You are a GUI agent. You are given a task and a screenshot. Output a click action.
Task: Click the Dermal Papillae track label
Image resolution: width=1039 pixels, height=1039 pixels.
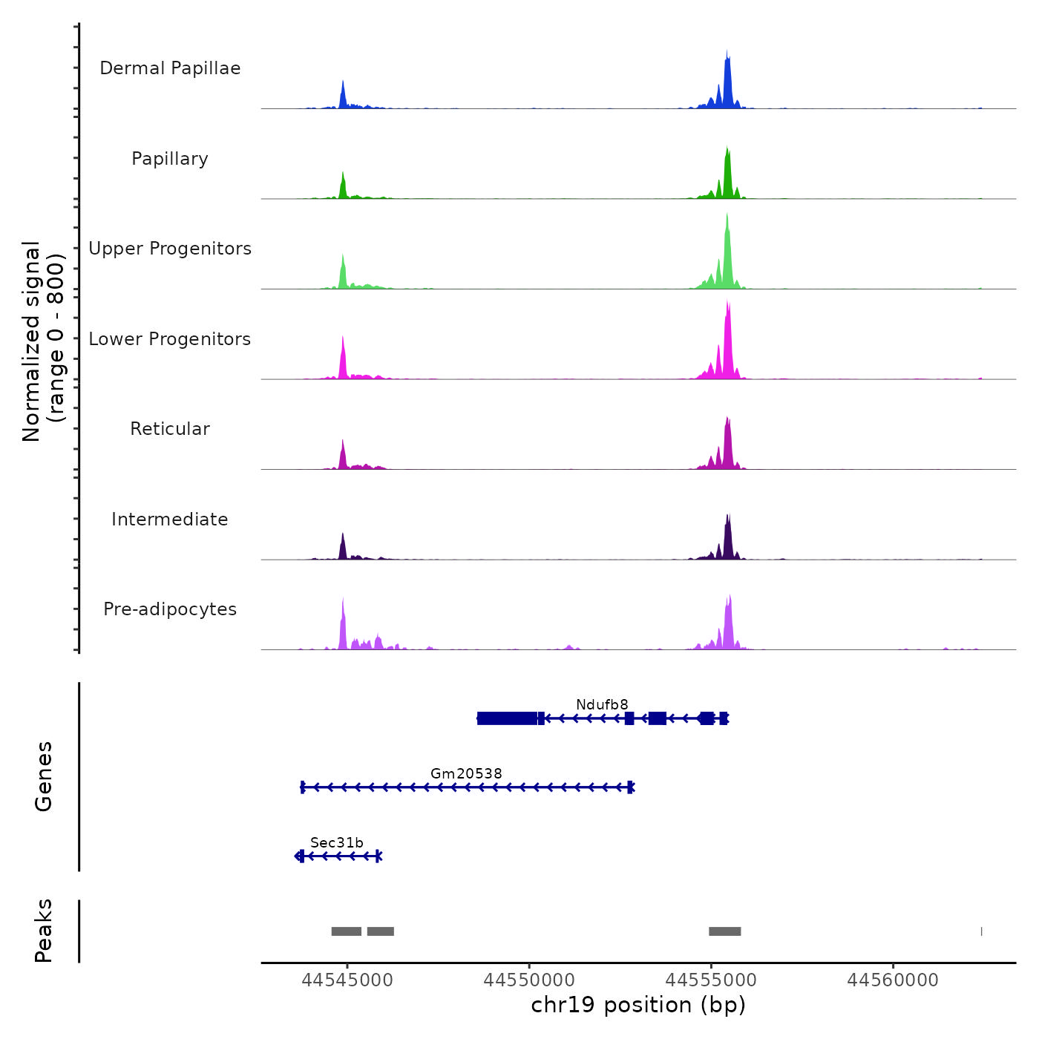coord(170,68)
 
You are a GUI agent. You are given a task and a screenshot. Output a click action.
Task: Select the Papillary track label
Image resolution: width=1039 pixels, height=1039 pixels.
coord(170,159)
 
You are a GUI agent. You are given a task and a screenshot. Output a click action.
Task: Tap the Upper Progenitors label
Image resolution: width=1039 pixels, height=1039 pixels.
coord(170,249)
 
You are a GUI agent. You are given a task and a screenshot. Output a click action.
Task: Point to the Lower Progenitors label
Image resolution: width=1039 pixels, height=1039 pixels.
coord(170,339)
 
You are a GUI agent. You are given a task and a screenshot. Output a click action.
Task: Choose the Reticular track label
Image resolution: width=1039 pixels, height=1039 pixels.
coord(170,429)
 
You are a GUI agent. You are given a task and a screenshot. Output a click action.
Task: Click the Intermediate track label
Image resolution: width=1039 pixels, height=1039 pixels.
coord(170,519)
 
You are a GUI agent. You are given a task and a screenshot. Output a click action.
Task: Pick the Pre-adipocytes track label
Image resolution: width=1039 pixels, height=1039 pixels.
coord(170,609)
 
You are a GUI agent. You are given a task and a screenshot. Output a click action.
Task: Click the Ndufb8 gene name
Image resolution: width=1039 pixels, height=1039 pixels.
coord(602,704)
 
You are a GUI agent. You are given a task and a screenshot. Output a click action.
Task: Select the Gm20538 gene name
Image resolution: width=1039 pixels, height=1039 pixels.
coord(466,773)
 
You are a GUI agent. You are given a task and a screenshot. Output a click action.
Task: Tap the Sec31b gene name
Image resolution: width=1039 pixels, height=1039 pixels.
coord(337,842)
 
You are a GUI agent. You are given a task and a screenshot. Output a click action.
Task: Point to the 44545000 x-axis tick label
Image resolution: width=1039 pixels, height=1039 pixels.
coord(347,980)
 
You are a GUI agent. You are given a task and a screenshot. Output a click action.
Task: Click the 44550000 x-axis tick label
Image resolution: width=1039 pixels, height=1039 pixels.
coord(529,980)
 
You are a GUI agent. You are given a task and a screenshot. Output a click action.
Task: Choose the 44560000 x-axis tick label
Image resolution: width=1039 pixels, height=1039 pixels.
coord(893,980)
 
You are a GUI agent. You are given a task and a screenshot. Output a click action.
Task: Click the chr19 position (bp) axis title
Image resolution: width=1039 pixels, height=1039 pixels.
coord(638,1005)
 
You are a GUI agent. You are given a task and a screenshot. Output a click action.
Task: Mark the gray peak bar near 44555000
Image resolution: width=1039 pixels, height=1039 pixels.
coord(724,931)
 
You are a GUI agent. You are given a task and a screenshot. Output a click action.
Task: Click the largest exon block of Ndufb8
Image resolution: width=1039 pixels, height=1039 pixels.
coord(507,718)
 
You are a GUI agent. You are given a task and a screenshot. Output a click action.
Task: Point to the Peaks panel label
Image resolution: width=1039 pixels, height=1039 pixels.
coord(44,931)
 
